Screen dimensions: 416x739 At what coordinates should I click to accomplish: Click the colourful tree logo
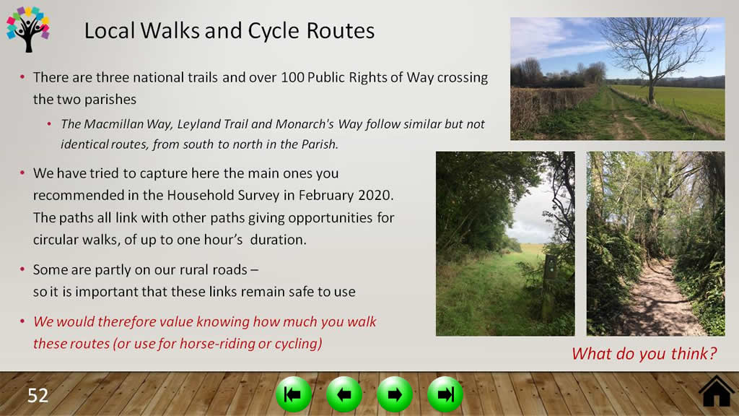(28, 29)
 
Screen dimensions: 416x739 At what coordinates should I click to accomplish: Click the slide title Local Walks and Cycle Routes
(229, 30)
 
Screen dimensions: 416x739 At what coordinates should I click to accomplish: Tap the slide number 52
(38, 395)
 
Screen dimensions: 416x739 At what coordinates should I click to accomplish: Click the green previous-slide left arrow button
(344, 394)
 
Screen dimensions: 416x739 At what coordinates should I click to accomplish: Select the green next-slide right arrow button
(395, 394)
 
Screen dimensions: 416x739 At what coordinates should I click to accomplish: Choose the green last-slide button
(445, 394)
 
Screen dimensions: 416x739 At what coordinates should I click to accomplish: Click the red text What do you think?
(644, 354)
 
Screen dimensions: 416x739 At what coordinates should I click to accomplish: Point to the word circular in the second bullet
(55, 240)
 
